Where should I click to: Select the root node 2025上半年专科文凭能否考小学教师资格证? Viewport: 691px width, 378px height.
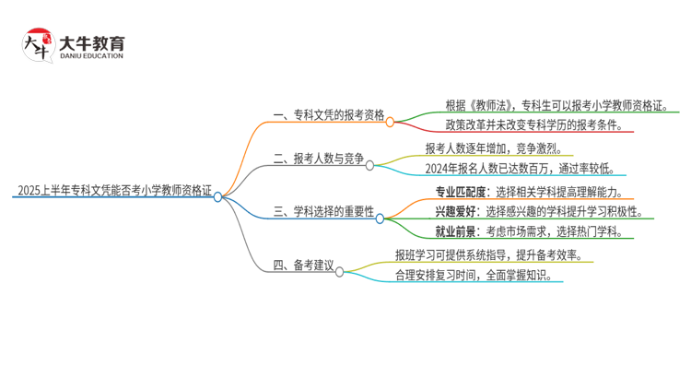(113, 193)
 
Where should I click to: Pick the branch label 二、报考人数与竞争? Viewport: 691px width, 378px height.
(319, 158)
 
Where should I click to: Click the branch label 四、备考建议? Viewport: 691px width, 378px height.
(303, 266)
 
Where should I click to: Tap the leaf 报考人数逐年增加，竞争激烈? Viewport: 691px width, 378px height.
(498, 148)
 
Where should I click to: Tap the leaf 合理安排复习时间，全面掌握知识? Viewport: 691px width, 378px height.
(474, 275)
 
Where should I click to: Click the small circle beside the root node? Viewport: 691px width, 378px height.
(217, 195)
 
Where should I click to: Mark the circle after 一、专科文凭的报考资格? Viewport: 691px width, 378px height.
(390, 121)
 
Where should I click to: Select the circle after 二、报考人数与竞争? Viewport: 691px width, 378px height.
(369, 165)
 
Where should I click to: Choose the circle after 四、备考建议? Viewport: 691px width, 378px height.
(340, 272)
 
